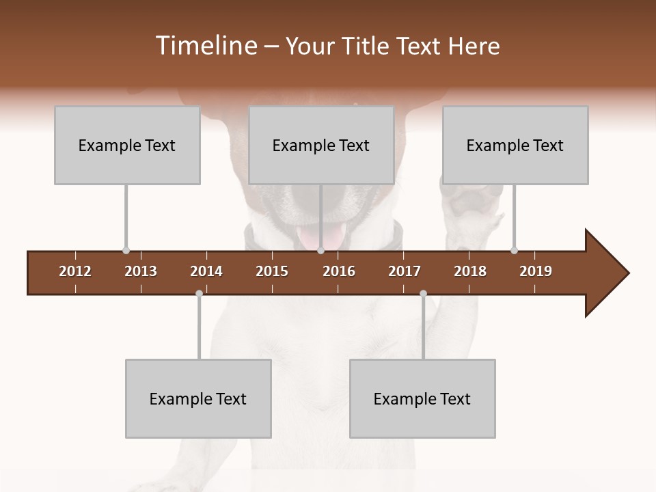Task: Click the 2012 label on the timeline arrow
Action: tap(75, 271)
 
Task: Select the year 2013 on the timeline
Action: tap(141, 271)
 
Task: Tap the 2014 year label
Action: tap(206, 271)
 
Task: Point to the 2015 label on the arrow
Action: tap(272, 271)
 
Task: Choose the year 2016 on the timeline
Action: tap(339, 271)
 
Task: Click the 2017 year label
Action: tap(405, 271)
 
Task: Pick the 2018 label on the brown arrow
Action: tap(470, 271)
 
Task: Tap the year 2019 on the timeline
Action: tap(536, 271)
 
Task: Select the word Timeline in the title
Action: tap(206, 46)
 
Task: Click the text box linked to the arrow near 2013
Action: tap(127, 145)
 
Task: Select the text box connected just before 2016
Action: tap(321, 145)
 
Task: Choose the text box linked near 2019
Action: tap(515, 145)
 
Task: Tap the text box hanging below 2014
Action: tap(198, 398)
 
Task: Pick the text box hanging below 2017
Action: tap(422, 398)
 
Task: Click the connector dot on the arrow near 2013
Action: tap(126, 251)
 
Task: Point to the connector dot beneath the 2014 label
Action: tap(199, 294)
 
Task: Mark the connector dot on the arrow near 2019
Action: tap(514, 251)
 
